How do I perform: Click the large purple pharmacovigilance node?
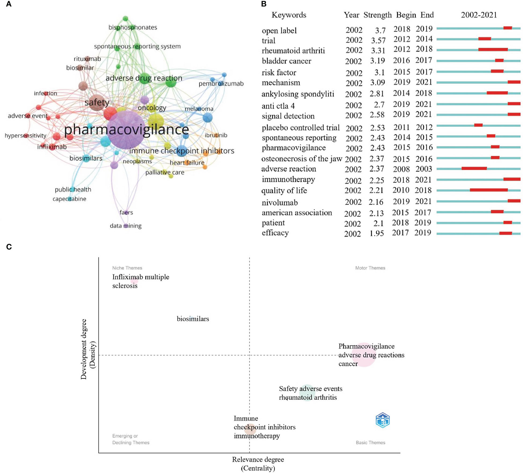(126, 130)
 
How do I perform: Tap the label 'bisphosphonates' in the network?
(133, 27)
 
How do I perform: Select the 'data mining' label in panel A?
(126, 226)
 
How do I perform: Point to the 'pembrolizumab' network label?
(221, 84)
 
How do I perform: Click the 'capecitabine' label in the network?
(69, 199)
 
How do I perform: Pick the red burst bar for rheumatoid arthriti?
(493, 50)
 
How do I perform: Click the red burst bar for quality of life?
(488, 190)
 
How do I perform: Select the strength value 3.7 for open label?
(380, 30)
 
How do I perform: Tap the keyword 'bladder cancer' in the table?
(286, 61)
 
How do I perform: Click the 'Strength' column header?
(377, 15)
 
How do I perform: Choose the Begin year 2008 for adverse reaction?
(401, 169)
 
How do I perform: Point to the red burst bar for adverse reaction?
(474, 168)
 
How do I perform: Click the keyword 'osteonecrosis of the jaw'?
(302, 159)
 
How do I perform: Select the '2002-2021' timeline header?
(479, 15)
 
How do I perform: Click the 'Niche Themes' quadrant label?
(127, 268)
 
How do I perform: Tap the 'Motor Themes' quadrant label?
(370, 268)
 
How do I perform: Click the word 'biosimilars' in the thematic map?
(193, 319)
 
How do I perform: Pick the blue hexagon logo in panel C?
(382, 420)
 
